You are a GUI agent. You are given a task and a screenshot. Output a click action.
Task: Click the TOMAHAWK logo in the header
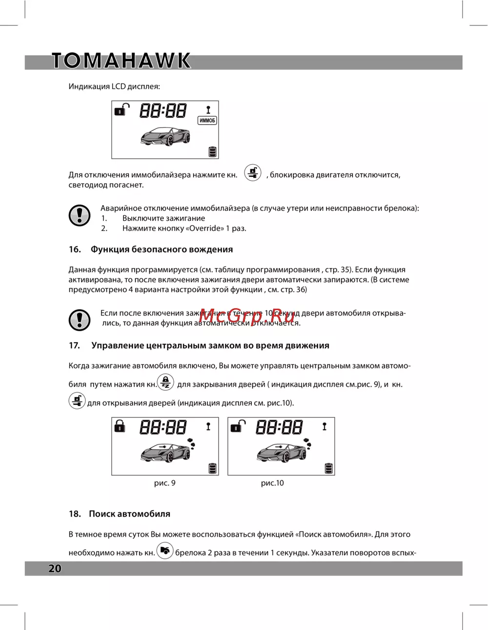(x=121, y=61)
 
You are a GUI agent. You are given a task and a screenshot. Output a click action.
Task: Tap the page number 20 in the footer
(x=55, y=568)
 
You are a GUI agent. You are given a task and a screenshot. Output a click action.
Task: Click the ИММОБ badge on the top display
(x=207, y=120)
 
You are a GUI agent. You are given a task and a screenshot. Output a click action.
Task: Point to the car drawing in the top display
(x=165, y=136)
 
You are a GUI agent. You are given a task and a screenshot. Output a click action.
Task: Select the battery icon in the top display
(x=212, y=151)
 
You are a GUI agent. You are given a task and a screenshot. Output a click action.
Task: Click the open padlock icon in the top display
(x=122, y=109)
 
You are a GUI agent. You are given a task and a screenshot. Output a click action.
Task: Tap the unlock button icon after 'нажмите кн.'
(x=253, y=172)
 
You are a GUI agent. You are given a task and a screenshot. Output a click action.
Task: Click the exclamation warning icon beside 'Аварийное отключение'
(x=80, y=215)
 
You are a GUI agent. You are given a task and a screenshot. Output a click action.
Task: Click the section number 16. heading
(x=75, y=249)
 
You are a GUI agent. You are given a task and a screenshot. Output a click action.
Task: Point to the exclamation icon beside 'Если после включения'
(x=80, y=319)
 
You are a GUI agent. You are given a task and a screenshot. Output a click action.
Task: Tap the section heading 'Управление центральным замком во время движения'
(x=210, y=345)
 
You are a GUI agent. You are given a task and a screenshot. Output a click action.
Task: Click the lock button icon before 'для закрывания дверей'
(x=165, y=382)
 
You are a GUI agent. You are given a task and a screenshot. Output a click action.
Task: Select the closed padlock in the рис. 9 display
(x=120, y=426)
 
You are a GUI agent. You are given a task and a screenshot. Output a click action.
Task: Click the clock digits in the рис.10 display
(x=279, y=428)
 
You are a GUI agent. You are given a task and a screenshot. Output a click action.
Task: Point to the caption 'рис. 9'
(x=164, y=483)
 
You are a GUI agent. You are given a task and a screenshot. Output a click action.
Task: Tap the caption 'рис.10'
(x=272, y=483)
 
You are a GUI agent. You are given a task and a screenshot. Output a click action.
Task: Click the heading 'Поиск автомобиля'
(x=129, y=514)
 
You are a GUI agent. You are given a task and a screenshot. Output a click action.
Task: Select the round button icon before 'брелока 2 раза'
(x=165, y=551)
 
